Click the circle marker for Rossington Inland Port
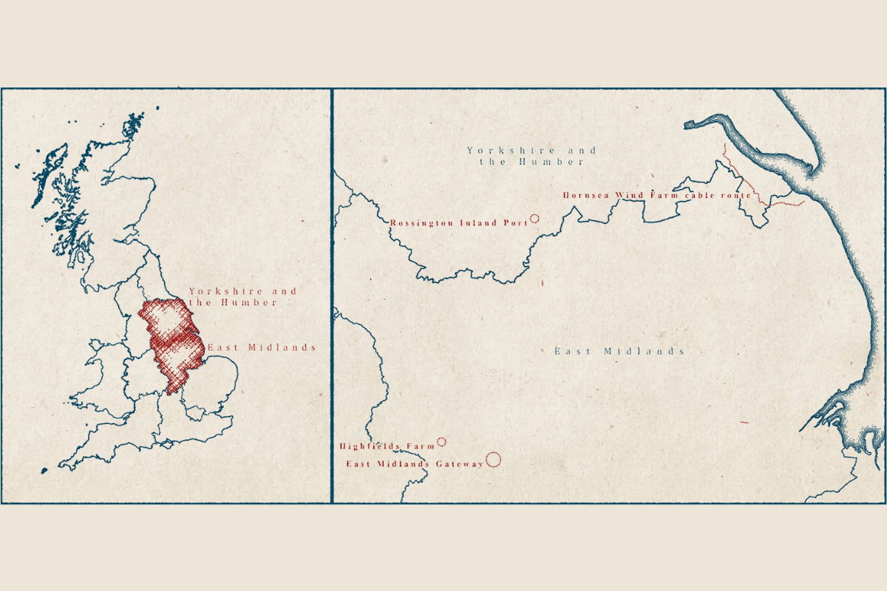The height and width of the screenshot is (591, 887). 534,219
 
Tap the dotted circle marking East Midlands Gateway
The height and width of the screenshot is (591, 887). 494,460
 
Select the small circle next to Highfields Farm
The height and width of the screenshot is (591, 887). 442,442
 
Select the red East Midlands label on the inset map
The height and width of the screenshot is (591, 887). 262,347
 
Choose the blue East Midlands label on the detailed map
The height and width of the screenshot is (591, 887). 619,351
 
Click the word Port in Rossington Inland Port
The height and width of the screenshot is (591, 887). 517,222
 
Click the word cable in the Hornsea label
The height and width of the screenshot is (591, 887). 699,196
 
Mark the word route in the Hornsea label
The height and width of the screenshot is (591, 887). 736,196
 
